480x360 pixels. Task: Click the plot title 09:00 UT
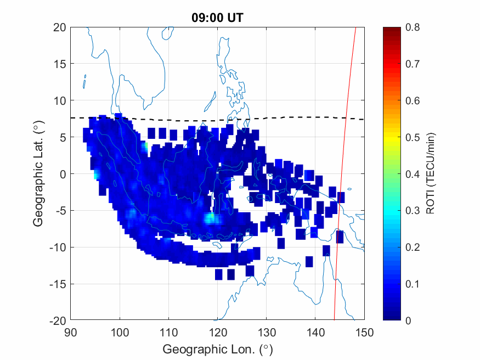tap(217, 18)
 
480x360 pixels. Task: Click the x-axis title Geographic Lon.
tap(217, 349)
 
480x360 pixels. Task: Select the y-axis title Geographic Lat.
tap(38, 175)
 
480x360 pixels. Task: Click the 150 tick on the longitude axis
tap(365, 331)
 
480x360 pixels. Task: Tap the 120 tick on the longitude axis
tap(218, 331)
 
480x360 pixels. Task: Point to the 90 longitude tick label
tap(70, 331)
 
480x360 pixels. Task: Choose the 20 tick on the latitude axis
tap(61, 27)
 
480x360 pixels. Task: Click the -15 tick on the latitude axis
tap(57, 284)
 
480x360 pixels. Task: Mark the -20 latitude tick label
tap(57, 320)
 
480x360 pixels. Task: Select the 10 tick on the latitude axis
tap(61, 100)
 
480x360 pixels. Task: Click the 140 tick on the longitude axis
tap(315, 331)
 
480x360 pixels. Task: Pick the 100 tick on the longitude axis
tap(120, 331)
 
